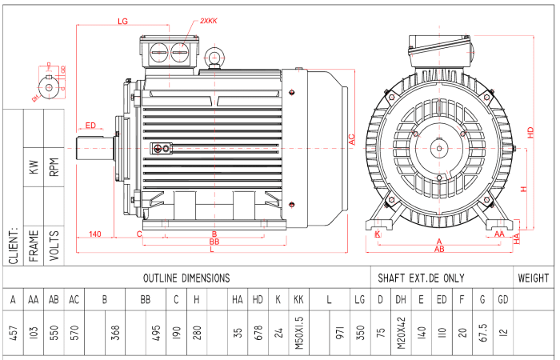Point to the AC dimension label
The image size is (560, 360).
click(351, 138)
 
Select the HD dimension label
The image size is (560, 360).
click(530, 132)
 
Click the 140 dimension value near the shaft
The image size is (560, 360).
click(95, 234)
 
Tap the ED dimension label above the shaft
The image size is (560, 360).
click(90, 126)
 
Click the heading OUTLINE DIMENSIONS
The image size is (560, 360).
click(186, 278)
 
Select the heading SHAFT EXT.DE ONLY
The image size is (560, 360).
click(421, 278)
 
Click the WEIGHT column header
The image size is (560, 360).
click(534, 278)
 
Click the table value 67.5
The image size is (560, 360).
click(482, 331)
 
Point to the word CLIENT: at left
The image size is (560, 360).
click(14, 243)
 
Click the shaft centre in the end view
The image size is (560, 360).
click(438, 147)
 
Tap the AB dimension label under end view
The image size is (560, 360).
click(438, 250)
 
